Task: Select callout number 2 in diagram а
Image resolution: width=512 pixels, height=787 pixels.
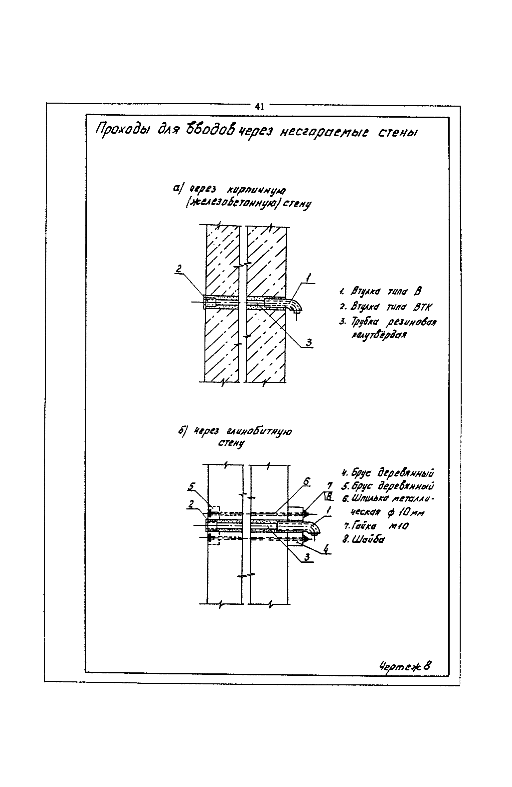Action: [179, 269]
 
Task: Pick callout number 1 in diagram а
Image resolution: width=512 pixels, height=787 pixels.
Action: [309, 277]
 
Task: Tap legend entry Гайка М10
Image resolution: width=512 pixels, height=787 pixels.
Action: [375, 526]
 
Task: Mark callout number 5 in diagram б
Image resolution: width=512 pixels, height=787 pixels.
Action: [191, 487]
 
